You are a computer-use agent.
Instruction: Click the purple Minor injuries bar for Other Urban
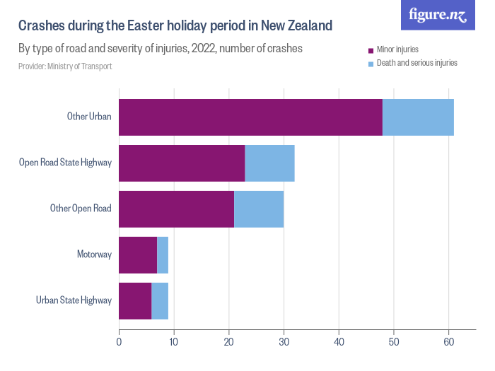click(250, 117)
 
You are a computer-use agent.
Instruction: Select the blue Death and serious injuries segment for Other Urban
click(418, 117)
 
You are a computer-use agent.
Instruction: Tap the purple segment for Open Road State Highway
click(182, 163)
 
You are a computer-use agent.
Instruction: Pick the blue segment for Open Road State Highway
click(269, 163)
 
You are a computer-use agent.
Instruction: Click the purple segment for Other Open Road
click(176, 209)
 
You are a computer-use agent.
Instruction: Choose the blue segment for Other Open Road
click(259, 209)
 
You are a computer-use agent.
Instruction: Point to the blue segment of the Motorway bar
click(163, 255)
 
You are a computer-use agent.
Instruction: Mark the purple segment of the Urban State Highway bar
click(135, 301)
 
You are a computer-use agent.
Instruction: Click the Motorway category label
click(94, 254)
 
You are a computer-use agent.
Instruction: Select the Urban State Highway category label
click(74, 300)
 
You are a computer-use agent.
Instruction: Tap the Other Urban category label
click(89, 117)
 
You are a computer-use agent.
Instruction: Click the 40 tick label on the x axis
click(339, 343)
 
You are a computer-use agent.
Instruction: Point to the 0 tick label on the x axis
click(119, 343)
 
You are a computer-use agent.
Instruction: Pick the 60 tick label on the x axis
click(448, 343)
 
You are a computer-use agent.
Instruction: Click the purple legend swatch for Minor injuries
click(371, 50)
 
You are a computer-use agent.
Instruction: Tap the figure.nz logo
click(438, 15)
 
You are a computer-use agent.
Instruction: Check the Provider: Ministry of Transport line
click(65, 66)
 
